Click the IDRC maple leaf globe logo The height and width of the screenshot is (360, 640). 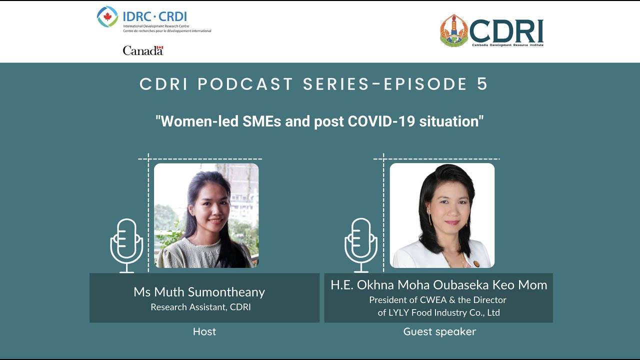click(x=107, y=17)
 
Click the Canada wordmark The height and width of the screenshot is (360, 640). click(x=143, y=50)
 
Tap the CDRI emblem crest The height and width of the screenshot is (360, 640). click(x=453, y=30)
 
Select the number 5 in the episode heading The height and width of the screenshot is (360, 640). click(x=482, y=84)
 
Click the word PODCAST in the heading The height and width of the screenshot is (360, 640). click(x=245, y=84)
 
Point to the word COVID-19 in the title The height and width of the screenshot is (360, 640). click(x=390, y=121)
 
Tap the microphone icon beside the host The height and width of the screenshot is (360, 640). click(x=126, y=245)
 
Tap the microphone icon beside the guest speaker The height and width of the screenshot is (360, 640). click(x=360, y=245)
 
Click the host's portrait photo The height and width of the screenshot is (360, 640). click(x=206, y=215)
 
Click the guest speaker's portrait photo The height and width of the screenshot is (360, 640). click(x=442, y=215)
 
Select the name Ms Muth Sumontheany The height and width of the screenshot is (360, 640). click(x=199, y=292)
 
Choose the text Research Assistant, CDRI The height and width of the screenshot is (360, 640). click(x=200, y=307)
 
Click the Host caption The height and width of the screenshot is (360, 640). click(x=204, y=331)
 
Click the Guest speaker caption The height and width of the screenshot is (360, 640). click(x=439, y=331)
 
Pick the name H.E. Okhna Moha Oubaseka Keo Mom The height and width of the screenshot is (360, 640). click(x=438, y=285)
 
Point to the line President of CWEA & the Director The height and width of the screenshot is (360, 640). click(x=437, y=300)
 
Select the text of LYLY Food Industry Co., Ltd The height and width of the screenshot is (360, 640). click(x=438, y=313)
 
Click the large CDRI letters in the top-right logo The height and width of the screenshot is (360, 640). click(x=506, y=31)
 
